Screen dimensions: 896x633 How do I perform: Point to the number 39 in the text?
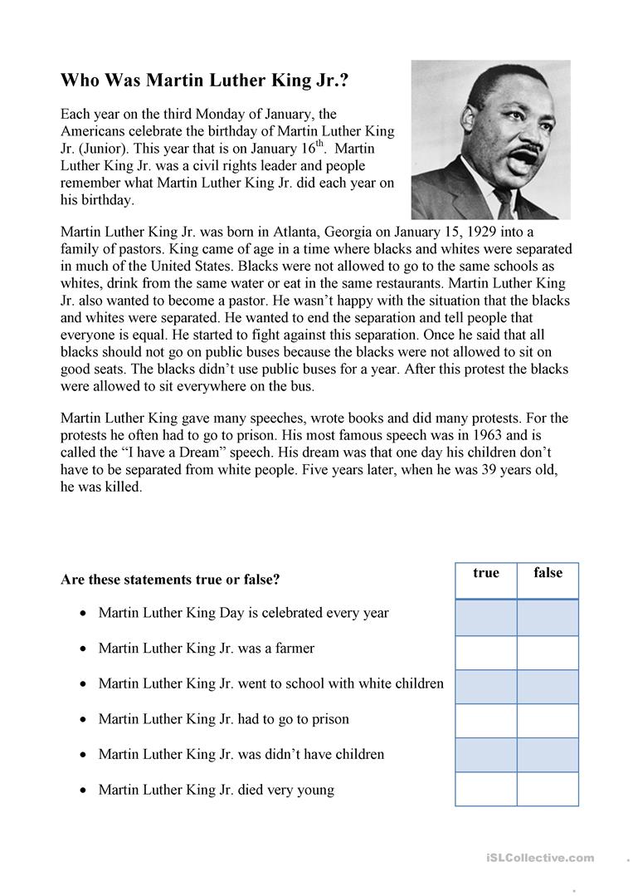coord(483,471)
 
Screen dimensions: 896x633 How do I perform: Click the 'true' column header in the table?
coord(486,573)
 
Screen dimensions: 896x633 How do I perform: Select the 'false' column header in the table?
coord(548,573)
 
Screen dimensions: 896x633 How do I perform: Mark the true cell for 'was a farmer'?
coord(486,653)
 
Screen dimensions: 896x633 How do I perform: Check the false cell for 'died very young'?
coord(548,789)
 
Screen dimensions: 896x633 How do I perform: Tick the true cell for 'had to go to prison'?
coord(486,721)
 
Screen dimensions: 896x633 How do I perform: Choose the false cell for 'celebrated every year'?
coord(548,618)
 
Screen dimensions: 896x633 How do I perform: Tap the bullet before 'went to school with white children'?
coord(82,683)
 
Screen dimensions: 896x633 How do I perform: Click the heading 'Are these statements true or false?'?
coord(170,579)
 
